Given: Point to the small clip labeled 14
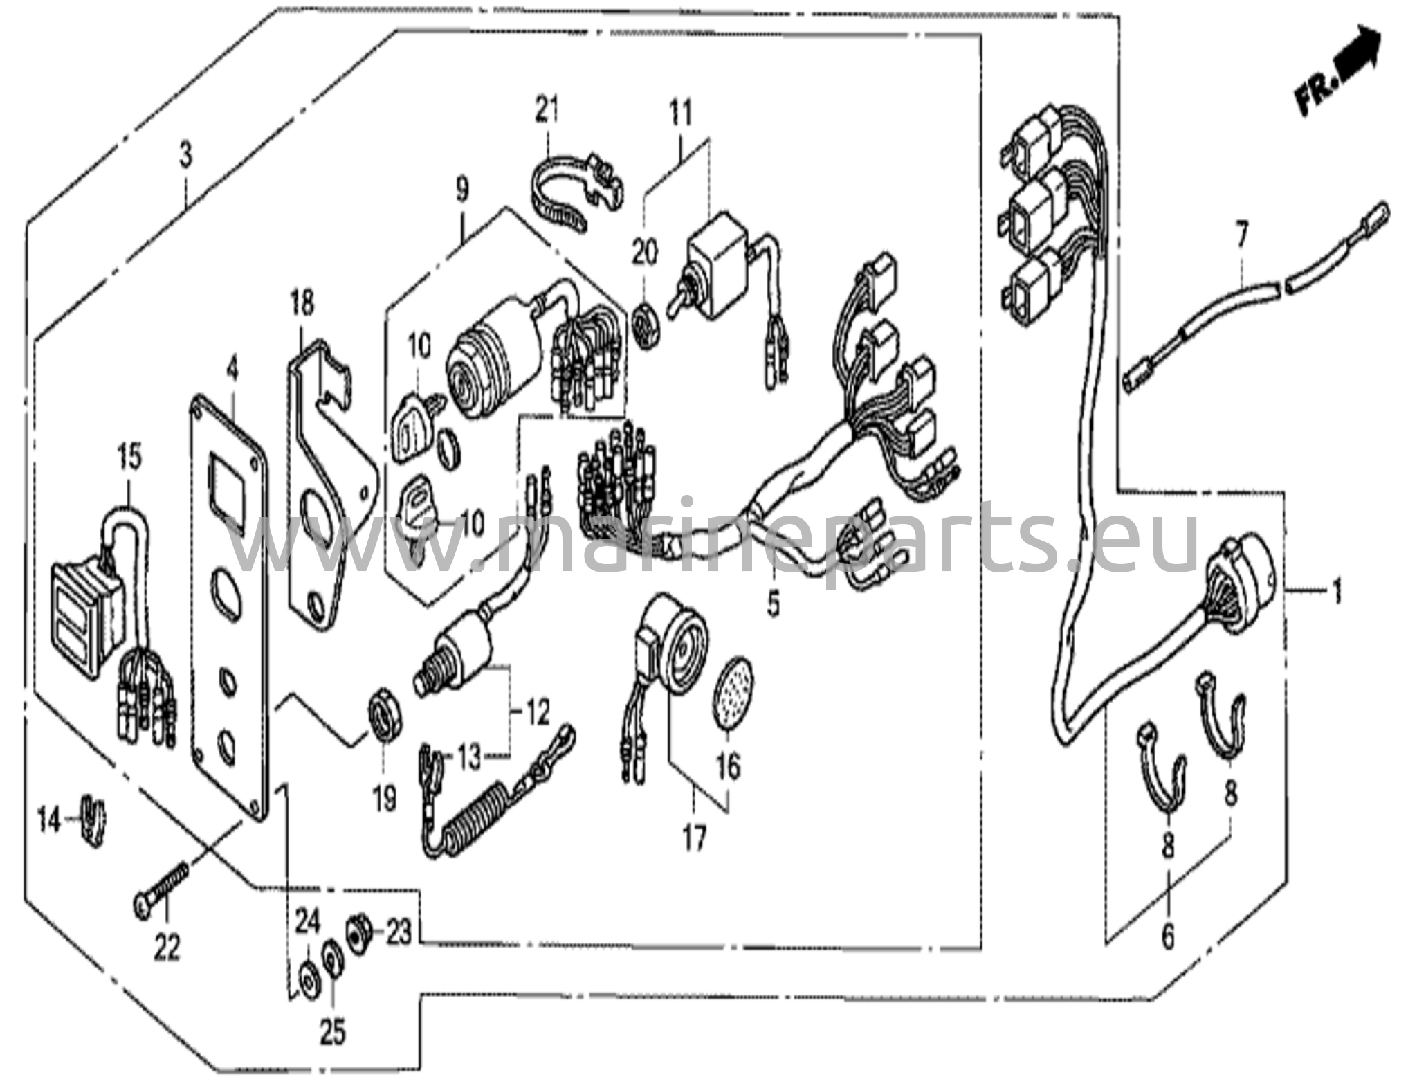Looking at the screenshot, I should point(93,820).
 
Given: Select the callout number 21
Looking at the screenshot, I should point(547,111).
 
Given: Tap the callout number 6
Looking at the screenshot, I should point(1168,936).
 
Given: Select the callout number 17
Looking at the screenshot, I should point(694,840).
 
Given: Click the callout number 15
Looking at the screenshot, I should point(129,457).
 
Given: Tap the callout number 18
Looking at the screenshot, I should point(302,302).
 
